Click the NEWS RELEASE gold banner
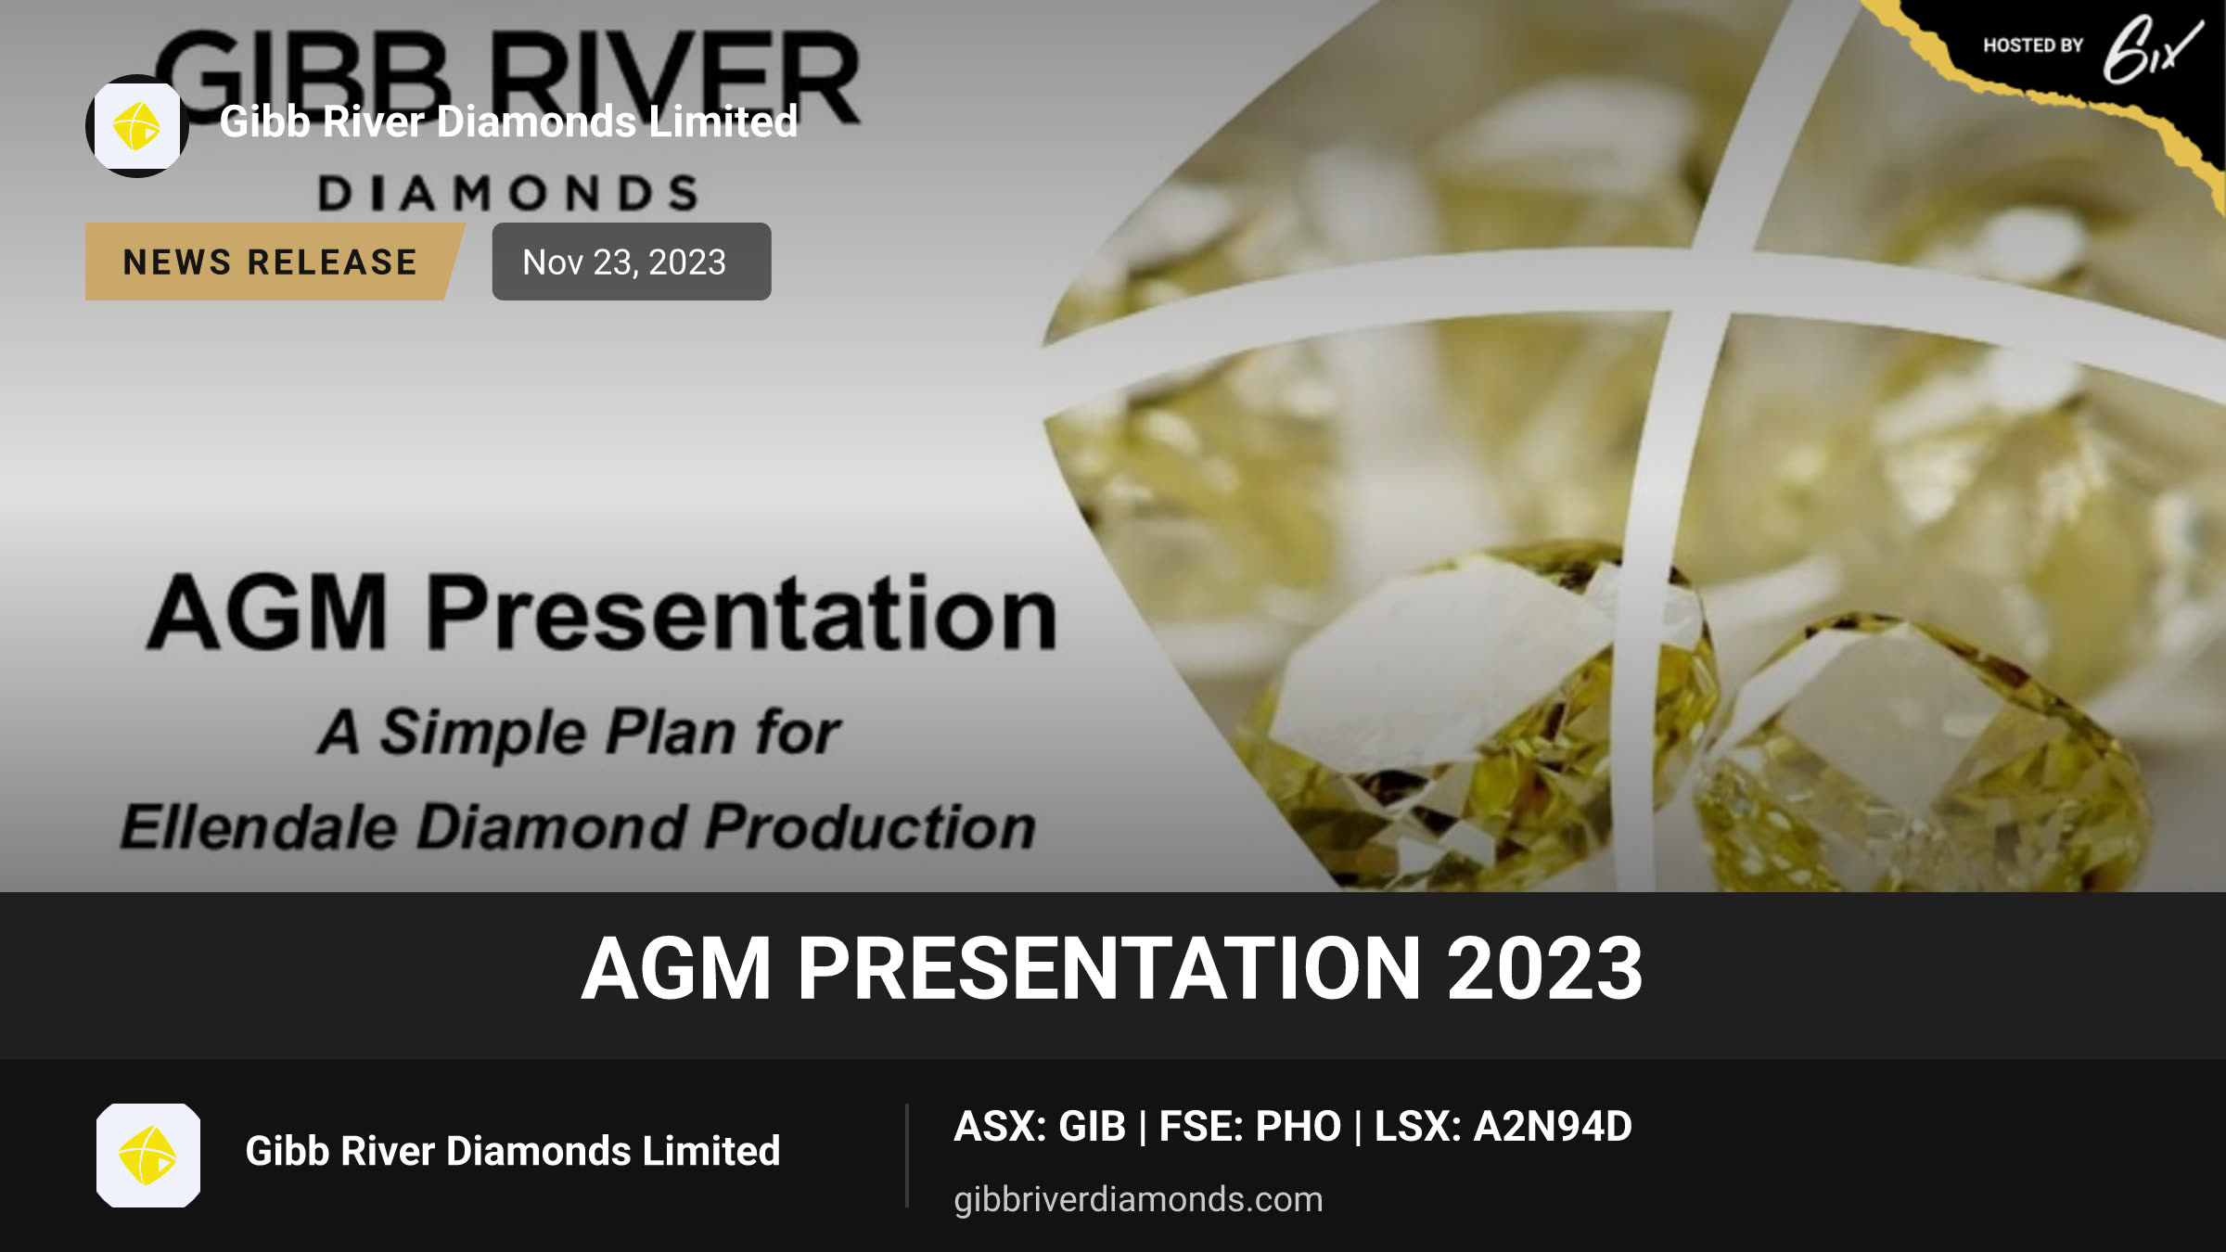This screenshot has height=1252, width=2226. click(x=274, y=262)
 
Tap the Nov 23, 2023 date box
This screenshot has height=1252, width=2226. click(x=632, y=262)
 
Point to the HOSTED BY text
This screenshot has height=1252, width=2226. click(x=2033, y=45)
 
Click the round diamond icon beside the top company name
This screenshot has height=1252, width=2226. click(x=137, y=126)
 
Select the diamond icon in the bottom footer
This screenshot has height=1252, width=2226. click(x=148, y=1156)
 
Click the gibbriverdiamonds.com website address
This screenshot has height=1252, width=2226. click(x=1138, y=1199)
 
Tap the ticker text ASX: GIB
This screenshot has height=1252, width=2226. click(x=1040, y=1127)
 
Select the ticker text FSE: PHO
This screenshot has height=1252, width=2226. click(x=1250, y=1127)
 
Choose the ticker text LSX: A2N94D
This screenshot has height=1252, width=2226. click(x=1503, y=1127)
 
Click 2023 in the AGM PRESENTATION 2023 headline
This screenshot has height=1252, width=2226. click(x=1545, y=969)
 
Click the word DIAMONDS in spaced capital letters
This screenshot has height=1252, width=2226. click(x=508, y=193)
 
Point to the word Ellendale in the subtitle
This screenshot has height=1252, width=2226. click(x=259, y=826)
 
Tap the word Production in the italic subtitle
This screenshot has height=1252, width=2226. click(x=871, y=826)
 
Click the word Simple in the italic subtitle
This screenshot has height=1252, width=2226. click(x=482, y=733)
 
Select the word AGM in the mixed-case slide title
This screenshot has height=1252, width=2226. click(x=267, y=612)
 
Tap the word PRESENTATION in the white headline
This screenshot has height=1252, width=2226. click(x=1109, y=969)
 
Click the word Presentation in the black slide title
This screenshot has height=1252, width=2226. click(x=742, y=612)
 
